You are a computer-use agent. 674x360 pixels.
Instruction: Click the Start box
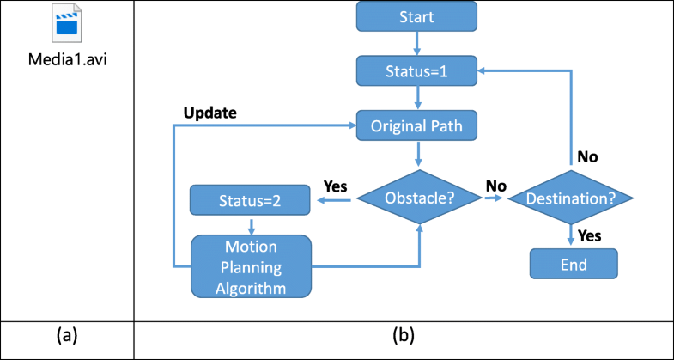(416, 17)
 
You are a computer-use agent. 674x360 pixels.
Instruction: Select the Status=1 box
(416, 71)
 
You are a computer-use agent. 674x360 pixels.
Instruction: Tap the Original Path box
(416, 125)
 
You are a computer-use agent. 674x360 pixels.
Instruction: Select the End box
(573, 263)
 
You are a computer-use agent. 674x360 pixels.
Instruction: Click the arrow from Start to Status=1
(416, 42)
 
